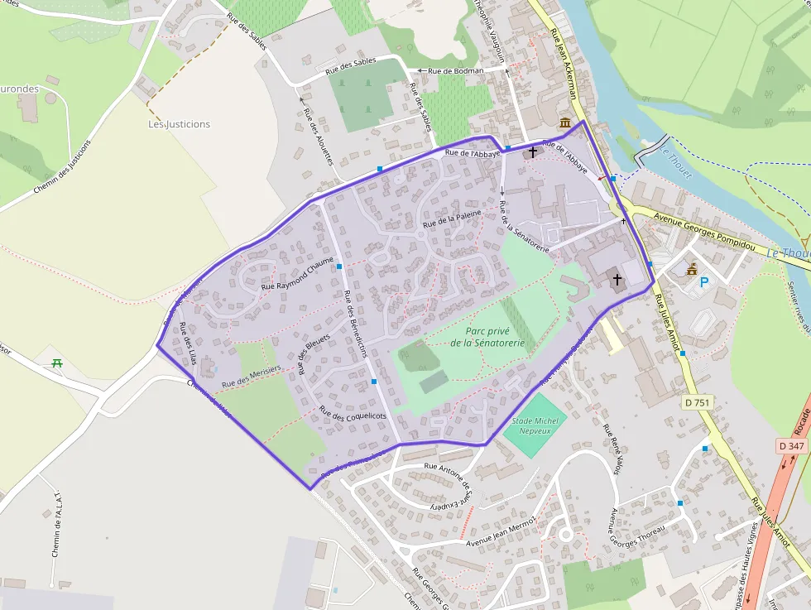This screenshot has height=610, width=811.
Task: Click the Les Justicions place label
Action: [179, 124]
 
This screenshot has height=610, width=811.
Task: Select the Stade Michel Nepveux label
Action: [535, 426]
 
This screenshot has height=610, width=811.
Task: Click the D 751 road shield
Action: [698, 403]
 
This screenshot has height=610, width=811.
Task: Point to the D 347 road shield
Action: [791, 446]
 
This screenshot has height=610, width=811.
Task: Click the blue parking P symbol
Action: [704, 282]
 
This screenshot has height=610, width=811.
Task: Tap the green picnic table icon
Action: [57, 363]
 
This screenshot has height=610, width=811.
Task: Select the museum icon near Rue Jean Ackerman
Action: [565, 123]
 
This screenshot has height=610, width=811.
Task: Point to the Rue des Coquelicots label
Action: [353, 415]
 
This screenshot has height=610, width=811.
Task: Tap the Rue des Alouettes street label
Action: [317, 137]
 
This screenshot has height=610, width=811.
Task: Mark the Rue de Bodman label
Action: [455, 71]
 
